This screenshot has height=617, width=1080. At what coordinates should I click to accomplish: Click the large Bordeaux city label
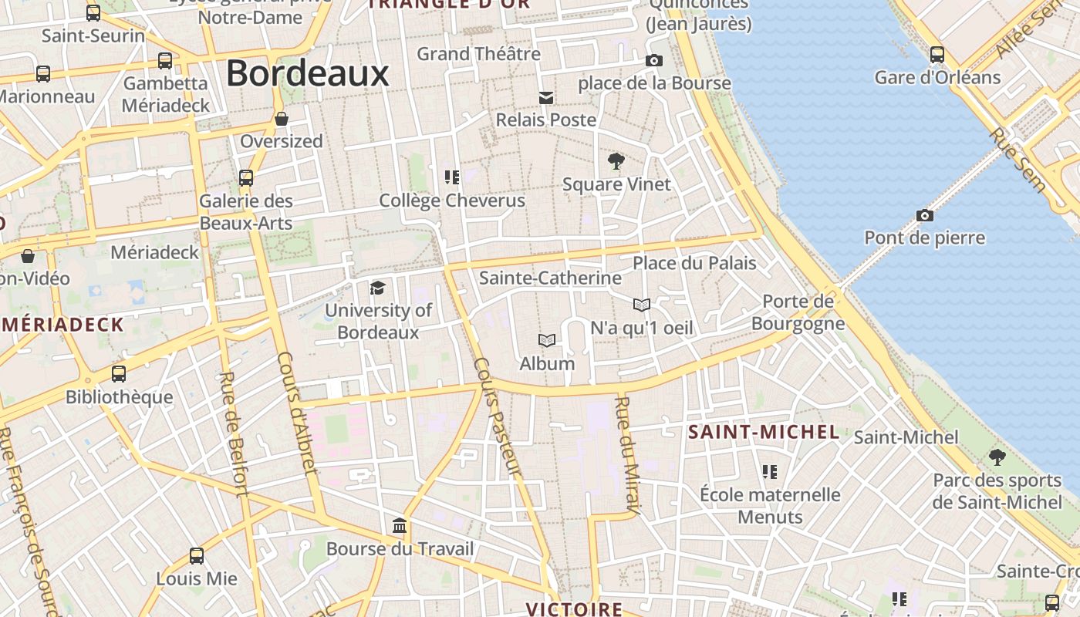click(307, 74)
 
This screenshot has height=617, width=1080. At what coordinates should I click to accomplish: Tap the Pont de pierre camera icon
click(924, 215)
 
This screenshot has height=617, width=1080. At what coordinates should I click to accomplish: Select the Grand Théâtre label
click(478, 54)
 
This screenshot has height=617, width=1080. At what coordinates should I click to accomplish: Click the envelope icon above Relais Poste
click(546, 97)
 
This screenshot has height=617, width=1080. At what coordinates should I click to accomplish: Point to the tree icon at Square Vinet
click(616, 161)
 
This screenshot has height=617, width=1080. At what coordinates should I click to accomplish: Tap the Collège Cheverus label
click(452, 201)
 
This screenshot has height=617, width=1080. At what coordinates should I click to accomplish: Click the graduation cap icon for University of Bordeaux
click(377, 288)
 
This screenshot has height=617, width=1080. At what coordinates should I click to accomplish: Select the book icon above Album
click(547, 340)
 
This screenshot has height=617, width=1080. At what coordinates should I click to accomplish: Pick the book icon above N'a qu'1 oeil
click(642, 305)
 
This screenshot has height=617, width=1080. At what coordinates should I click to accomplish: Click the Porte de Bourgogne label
click(798, 312)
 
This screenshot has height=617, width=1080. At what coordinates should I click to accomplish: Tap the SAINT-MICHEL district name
click(763, 432)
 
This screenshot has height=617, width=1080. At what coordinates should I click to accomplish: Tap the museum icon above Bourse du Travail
click(400, 526)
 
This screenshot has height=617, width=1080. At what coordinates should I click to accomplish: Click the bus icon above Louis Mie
click(197, 555)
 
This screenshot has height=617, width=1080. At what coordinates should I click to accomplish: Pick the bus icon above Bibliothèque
click(119, 374)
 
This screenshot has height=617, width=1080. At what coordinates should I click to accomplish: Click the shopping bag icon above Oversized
click(282, 119)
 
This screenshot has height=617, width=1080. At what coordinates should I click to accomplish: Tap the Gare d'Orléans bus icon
click(937, 55)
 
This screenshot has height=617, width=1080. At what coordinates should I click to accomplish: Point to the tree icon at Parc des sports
click(997, 457)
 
